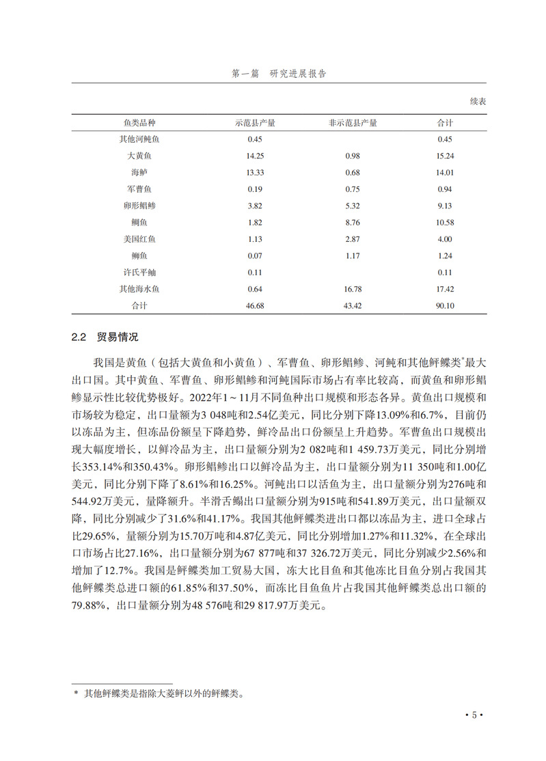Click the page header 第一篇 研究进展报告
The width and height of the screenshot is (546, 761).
[279, 74]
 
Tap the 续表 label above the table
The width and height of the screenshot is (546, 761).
[478, 101]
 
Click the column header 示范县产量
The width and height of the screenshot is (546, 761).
[255, 123]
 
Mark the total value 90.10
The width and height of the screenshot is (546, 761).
[446, 306]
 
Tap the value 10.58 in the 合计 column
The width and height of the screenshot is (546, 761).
[446, 223]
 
